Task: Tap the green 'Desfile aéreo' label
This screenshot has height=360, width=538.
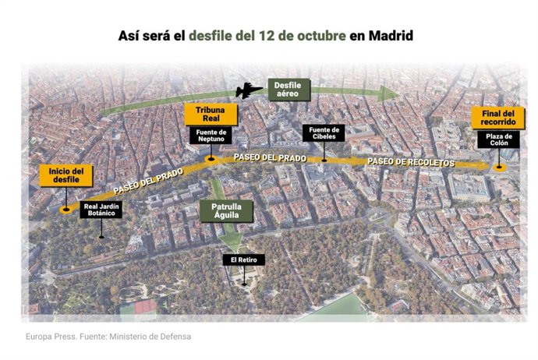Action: (x=290, y=90)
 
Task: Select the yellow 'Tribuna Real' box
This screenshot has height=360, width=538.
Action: (x=211, y=115)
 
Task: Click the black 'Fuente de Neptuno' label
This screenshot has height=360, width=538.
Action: (x=211, y=136)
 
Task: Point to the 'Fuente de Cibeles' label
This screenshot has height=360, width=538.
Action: (x=323, y=133)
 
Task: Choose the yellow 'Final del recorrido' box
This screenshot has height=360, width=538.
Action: (x=497, y=118)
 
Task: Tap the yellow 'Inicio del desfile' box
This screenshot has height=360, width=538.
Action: (x=66, y=175)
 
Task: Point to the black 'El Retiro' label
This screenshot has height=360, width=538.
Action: (x=243, y=259)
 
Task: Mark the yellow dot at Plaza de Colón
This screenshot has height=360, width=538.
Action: (x=500, y=167)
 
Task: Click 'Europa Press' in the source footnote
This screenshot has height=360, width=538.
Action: (x=48, y=337)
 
